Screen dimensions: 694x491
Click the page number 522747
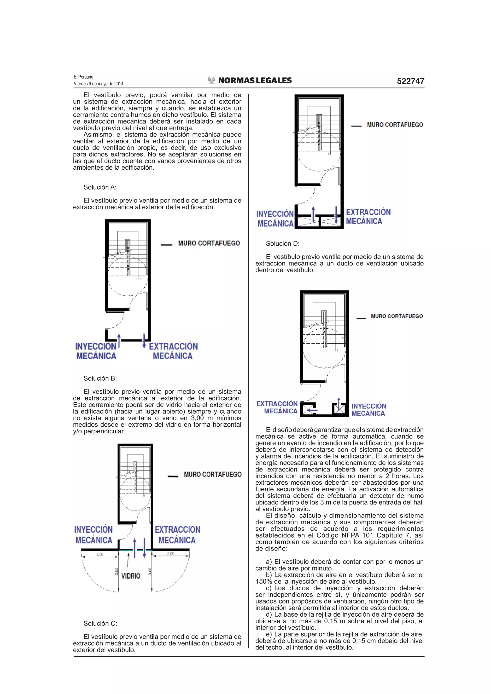pyautogui.click(x=410, y=81)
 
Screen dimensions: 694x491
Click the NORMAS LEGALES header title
pyautogui.click(x=254, y=80)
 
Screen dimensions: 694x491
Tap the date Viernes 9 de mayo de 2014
pyautogui.click(x=98, y=84)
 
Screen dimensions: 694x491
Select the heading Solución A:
pyautogui.click(x=100, y=187)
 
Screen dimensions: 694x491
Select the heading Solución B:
pyautogui.click(x=100, y=379)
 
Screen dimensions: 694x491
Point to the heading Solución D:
pyautogui.click(x=283, y=244)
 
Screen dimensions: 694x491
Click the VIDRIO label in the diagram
pyautogui.click(x=131, y=576)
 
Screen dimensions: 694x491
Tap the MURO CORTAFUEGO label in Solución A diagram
pyautogui.click(x=209, y=243)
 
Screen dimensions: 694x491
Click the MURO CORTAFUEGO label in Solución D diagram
pyautogui.click(x=397, y=316)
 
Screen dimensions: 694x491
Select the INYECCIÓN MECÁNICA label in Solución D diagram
pyautogui.click(x=368, y=410)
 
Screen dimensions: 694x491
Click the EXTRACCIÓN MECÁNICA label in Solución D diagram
pyautogui.click(x=277, y=407)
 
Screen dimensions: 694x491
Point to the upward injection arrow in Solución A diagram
pyautogui.click(x=119, y=341)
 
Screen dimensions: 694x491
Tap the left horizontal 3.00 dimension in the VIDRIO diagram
pyautogui.click(x=100, y=554)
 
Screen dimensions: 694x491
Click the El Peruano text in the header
pyautogui.click(x=83, y=77)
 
